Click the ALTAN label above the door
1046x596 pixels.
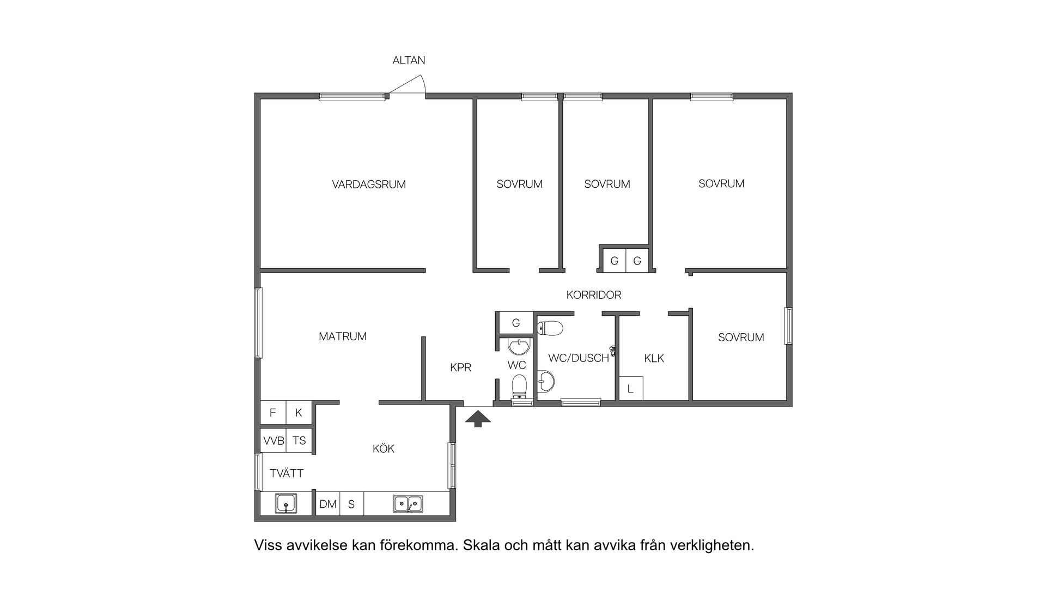[x=409, y=60]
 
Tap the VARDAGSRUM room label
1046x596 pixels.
[x=369, y=185]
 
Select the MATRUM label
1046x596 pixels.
[x=343, y=336]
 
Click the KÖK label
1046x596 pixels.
[x=383, y=448]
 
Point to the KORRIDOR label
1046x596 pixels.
[x=594, y=295]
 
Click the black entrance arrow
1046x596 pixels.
[x=478, y=419]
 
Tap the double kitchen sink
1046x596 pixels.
[x=408, y=503]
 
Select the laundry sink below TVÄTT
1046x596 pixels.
[x=286, y=503]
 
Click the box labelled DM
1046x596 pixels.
[x=328, y=504]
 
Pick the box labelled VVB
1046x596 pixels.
[x=273, y=440]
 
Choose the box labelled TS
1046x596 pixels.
[x=299, y=440]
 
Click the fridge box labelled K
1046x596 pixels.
[x=299, y=413]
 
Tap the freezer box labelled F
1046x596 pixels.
[x=273, y=413]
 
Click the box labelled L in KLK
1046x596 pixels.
[x=631, y=389]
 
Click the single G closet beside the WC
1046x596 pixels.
[x=516, y=323]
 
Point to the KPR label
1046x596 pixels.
[x=460, y=367]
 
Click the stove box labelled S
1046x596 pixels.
[x=351, y=504]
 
